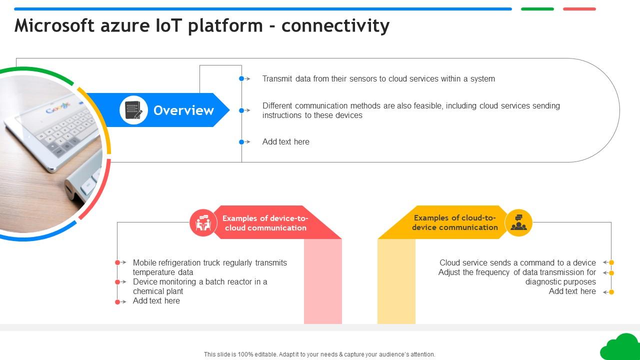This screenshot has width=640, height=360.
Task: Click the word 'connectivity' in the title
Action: tap(335, 25)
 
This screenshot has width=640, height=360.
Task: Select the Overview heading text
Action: tap(183, 110)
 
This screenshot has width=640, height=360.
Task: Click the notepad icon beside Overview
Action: tap(133, 110)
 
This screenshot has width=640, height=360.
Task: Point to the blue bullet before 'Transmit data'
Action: tap(241, 78)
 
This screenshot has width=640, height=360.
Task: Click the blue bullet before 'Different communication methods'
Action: tap(241, 110)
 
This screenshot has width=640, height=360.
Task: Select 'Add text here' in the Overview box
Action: tap(285, 142)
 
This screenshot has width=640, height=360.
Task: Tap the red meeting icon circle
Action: tap(203, 223)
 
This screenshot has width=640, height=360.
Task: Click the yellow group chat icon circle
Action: tap(518, 222)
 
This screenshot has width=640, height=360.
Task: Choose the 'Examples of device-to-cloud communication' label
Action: tap(265, 223)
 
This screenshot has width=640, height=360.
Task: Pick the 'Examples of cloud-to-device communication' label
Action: tap(454, 222)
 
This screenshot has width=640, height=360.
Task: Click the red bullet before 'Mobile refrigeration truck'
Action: tap(117, 262)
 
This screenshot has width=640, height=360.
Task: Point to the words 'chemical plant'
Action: tap(158, 291)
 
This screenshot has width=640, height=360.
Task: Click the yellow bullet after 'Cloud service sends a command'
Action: tap(611, 262)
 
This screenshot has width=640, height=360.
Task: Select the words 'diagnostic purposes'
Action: tap(560, 282)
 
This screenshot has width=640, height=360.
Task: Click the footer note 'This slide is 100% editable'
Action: tap(319, 354)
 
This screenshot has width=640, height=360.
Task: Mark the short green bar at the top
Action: tap(537, 9)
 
